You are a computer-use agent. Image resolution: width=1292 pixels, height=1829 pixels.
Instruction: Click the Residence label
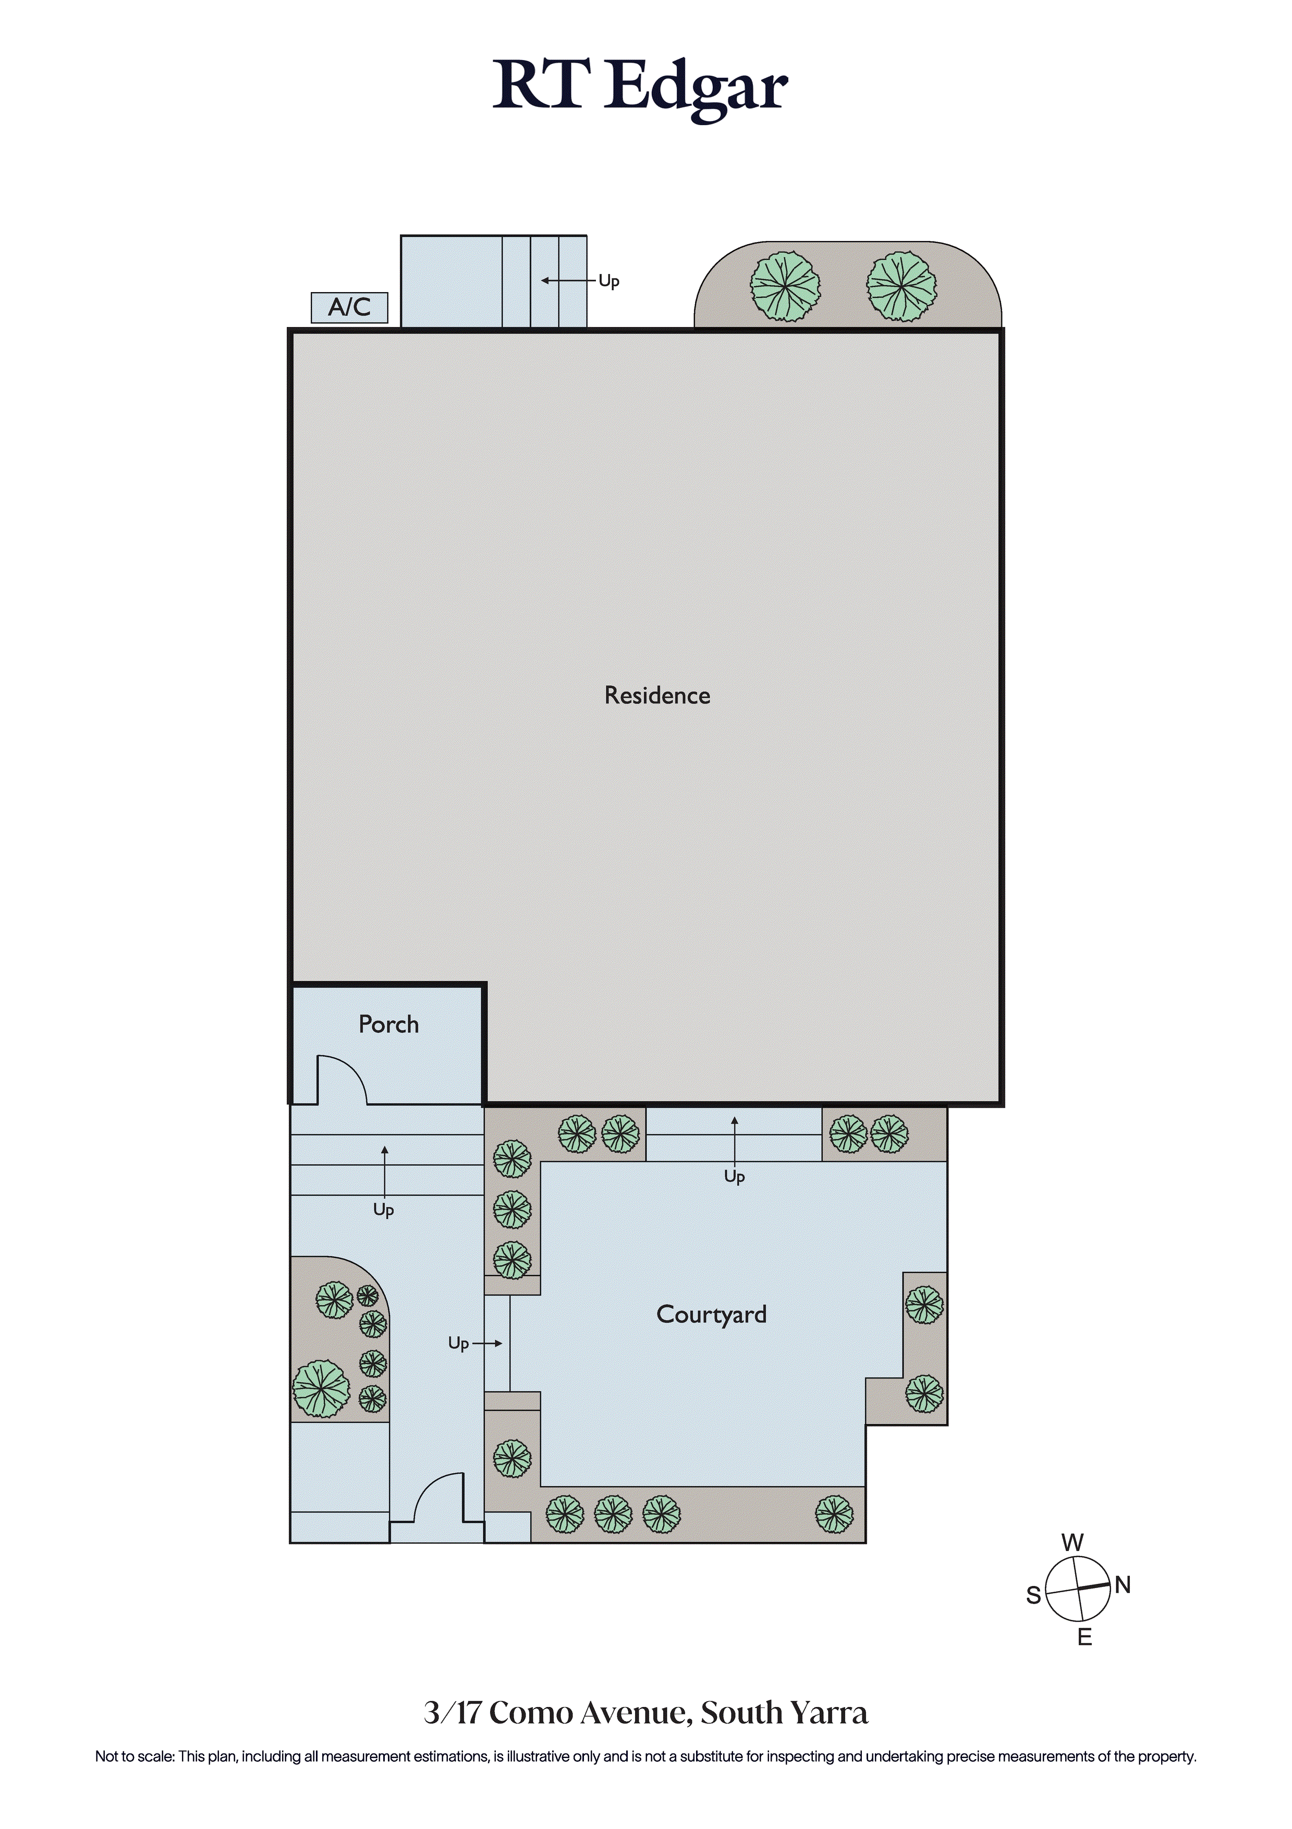click(657, 695)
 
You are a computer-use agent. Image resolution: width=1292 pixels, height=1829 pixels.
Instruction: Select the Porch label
click(389, 1024)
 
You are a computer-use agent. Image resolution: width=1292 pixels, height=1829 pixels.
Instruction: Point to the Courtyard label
click(711, 1314)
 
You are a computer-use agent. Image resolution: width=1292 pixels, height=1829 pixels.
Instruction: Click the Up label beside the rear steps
click(610, 281)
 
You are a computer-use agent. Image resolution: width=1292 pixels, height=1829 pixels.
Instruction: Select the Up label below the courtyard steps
click(735, 1177)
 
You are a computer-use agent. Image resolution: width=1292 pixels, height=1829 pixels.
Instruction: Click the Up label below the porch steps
click(384, 1210)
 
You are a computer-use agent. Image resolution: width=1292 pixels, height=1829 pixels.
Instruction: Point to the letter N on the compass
click(1123, 1585)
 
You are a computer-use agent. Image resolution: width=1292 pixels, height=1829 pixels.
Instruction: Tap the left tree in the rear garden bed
click(785, 287)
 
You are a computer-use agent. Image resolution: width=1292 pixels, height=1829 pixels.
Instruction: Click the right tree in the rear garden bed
click(901, 287)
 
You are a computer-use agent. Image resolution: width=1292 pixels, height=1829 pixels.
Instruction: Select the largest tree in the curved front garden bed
click(322, 1388)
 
